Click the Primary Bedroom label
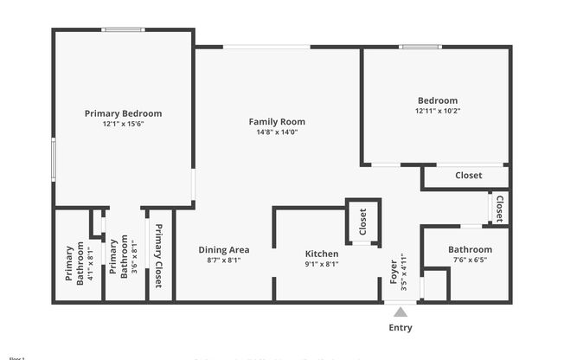(123, 113)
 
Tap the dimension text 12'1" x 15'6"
(123, 125)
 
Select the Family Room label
(277, 122)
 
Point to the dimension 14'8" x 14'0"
(277, 133)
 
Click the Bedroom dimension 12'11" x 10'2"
(437, 111)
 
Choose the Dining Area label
(223, 250)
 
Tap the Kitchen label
(322, 254)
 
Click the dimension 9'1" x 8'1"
(322, 265)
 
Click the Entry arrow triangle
(400, 312)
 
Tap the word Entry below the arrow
(401, 328)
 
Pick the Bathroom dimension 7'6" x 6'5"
(470, 260)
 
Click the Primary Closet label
(159, 257)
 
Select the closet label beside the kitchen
(363, 222)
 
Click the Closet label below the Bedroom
(468, 176)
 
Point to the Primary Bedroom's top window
(123, 30)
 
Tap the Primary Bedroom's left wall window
(54, 159)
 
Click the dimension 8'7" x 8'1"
(223, 260)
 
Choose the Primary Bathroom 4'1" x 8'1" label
(75, 264)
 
